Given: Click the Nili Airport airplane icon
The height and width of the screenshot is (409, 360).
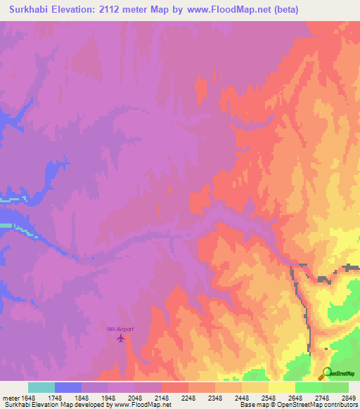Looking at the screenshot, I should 120,338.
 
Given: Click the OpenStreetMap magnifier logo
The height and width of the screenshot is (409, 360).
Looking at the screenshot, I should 327,372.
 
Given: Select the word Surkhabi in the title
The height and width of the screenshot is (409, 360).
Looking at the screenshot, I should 32,10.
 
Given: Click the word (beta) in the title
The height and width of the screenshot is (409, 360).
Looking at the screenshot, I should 284,10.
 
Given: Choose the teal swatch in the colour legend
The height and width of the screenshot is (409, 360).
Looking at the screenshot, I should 41,387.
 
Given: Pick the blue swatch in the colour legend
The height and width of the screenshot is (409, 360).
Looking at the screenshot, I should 68,387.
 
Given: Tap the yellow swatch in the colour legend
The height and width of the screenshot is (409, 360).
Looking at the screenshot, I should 282,387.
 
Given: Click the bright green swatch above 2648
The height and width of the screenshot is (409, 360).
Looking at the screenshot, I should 309,387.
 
